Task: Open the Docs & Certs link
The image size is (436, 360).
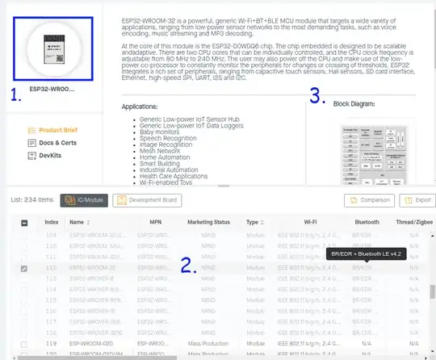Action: pyautogui.click(x=57, y=142)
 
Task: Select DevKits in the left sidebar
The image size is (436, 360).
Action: pyautogui.click(x=51, y=155)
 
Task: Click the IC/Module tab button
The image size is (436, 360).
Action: pyautogui.click(x=85, y=199)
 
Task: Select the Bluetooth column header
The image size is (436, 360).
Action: pyautogui.click(x=367, y=221)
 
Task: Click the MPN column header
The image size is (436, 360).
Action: pyautogui.click(x=155, y=221)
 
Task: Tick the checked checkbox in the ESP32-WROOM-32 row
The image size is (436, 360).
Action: pyautogui.click(x=24, y=268)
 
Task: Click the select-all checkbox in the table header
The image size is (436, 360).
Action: pyautogui.click(x=24, y=222)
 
